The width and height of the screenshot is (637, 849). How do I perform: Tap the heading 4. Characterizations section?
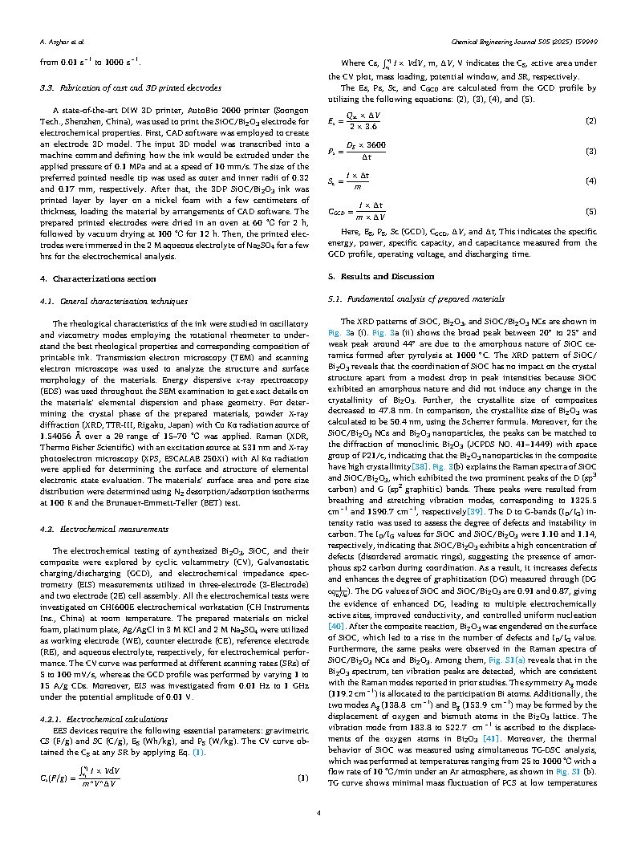[103, 278]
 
